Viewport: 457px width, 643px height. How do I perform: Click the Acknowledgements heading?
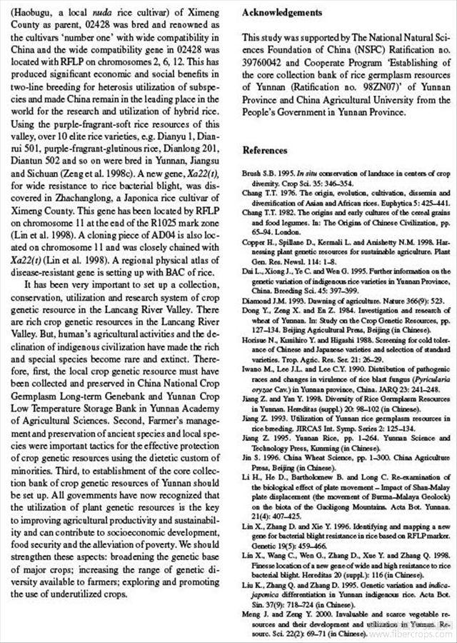click(x=282, y=12)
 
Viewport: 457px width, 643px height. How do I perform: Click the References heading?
click(x=265, y=150)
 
